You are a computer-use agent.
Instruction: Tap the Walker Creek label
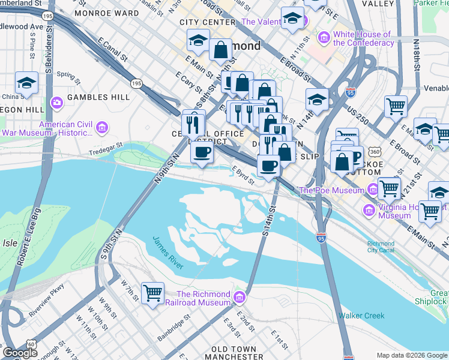click(359, 315)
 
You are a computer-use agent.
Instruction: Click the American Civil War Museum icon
click(101, 127)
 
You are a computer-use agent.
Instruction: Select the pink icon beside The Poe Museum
click(373, 190)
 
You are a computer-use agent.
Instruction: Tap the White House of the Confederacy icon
click(324, 38)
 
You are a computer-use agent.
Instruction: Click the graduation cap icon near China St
click(26, 83)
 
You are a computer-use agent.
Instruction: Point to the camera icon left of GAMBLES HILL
click(58, 102)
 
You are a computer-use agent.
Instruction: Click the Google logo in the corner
click(20, 353)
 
